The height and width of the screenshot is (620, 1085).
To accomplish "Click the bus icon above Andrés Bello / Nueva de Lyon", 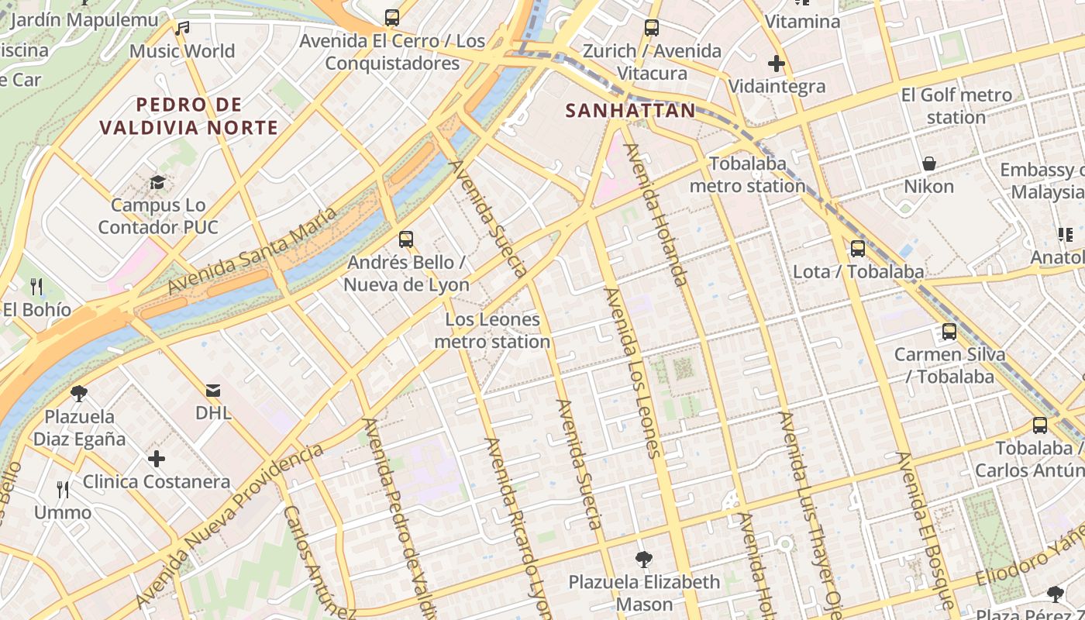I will coord(405,239).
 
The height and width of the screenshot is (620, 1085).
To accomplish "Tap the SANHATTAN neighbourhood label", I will coord(631,111).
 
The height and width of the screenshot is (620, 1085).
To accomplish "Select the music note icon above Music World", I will coord(182,29).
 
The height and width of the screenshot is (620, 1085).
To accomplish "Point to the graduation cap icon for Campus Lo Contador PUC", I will coord(158,183).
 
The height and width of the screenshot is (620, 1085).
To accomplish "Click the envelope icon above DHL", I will coord(213,391).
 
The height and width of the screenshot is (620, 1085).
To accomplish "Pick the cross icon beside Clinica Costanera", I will coord(157,459).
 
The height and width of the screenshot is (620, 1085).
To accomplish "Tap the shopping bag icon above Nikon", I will coord(928,164).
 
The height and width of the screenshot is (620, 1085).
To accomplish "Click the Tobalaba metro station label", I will coord(747,175).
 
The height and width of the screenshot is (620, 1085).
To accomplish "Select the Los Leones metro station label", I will coord(492,331).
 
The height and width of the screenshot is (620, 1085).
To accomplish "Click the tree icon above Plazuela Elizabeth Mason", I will coord(643,559).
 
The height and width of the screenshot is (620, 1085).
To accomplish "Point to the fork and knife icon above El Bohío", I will coord(36,288).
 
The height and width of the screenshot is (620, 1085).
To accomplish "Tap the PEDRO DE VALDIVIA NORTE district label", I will coord(189,116).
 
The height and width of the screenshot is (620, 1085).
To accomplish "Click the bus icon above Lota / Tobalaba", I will coord(858,249).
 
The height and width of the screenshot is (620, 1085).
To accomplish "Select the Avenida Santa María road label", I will coord(252,250).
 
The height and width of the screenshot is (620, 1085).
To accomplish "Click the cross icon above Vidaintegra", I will coord(777,64).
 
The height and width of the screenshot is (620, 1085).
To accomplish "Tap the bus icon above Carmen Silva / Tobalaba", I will coord(949,332).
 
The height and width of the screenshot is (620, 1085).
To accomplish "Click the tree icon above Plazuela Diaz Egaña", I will coord(78,394).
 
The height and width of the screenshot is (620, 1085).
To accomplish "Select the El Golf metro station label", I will coord(956,106).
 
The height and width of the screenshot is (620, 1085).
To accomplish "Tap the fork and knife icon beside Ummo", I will coord(63,490).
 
